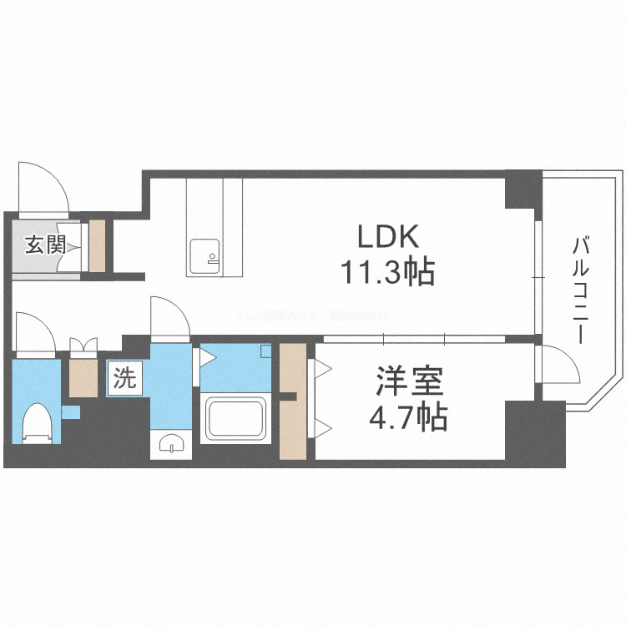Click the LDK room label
pyautogui.click(x=387, y=238)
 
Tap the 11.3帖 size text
pyautogui.click(x=386, y=272)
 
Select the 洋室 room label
pyautogui.click(x=408, y=381)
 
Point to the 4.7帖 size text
pyautogui.click(x=408, y=416)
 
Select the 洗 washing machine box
pyautogui.click(x=124, y=380)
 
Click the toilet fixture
pyautogui.click(x=36, y=422)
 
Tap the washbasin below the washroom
pyautogui.click(x=170, y=445)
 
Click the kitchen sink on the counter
pyautogui.click(x=204, y=255)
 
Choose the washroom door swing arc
pyautogui.click(x=169, y=318)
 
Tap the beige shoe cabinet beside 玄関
pyautogui.click(x=98, y=245)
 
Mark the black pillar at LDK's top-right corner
pyautogui.click(x=523, y=189)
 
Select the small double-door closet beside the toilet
pyautogui.click(x=83, y=367)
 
